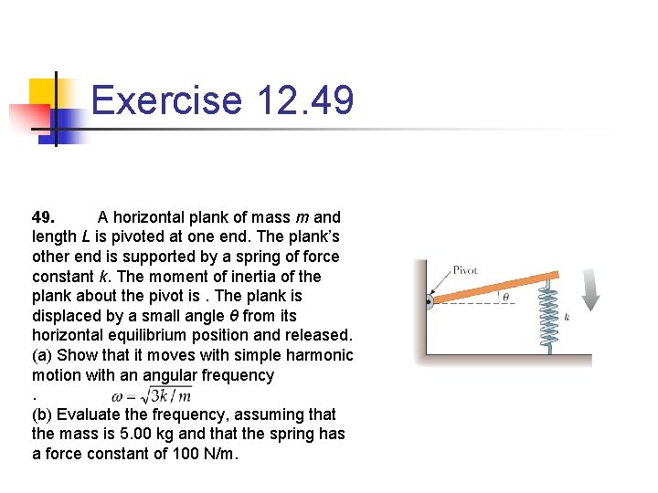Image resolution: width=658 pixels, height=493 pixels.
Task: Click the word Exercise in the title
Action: pos(166,100)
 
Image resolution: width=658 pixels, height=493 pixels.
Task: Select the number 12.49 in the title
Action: pos(305,100)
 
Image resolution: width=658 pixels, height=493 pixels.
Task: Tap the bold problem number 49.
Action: pos(43,217)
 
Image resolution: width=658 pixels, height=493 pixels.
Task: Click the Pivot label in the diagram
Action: pos(466,270)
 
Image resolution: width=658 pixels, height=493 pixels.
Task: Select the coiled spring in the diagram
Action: pos(549,315)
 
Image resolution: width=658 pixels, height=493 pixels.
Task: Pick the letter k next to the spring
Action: pos(568,317)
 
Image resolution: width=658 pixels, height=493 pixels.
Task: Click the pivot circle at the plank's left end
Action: pos(430,301)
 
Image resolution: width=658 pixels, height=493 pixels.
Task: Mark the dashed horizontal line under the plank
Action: pos(484,302)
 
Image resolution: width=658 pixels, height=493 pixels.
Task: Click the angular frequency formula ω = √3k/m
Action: pos(151,395)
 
